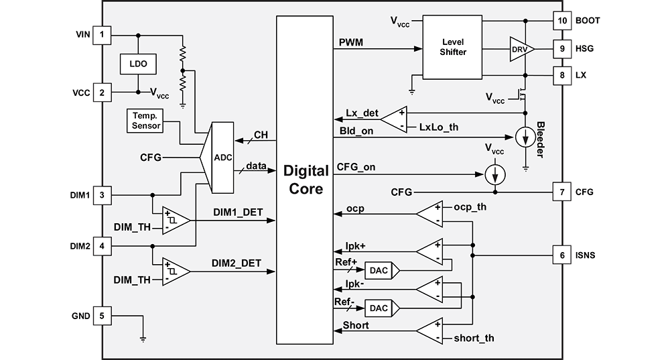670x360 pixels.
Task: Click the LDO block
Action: click(137, 64)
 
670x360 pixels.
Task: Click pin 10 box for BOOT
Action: click(561, 20)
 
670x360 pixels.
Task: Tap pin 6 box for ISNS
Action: click(561, 255)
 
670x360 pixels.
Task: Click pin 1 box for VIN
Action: click(102, 34)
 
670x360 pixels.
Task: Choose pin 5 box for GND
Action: click(102, 315)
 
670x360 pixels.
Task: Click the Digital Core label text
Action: click(306, 178)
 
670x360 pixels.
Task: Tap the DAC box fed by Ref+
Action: click(377, 270)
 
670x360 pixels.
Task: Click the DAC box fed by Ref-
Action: click(377, 308)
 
